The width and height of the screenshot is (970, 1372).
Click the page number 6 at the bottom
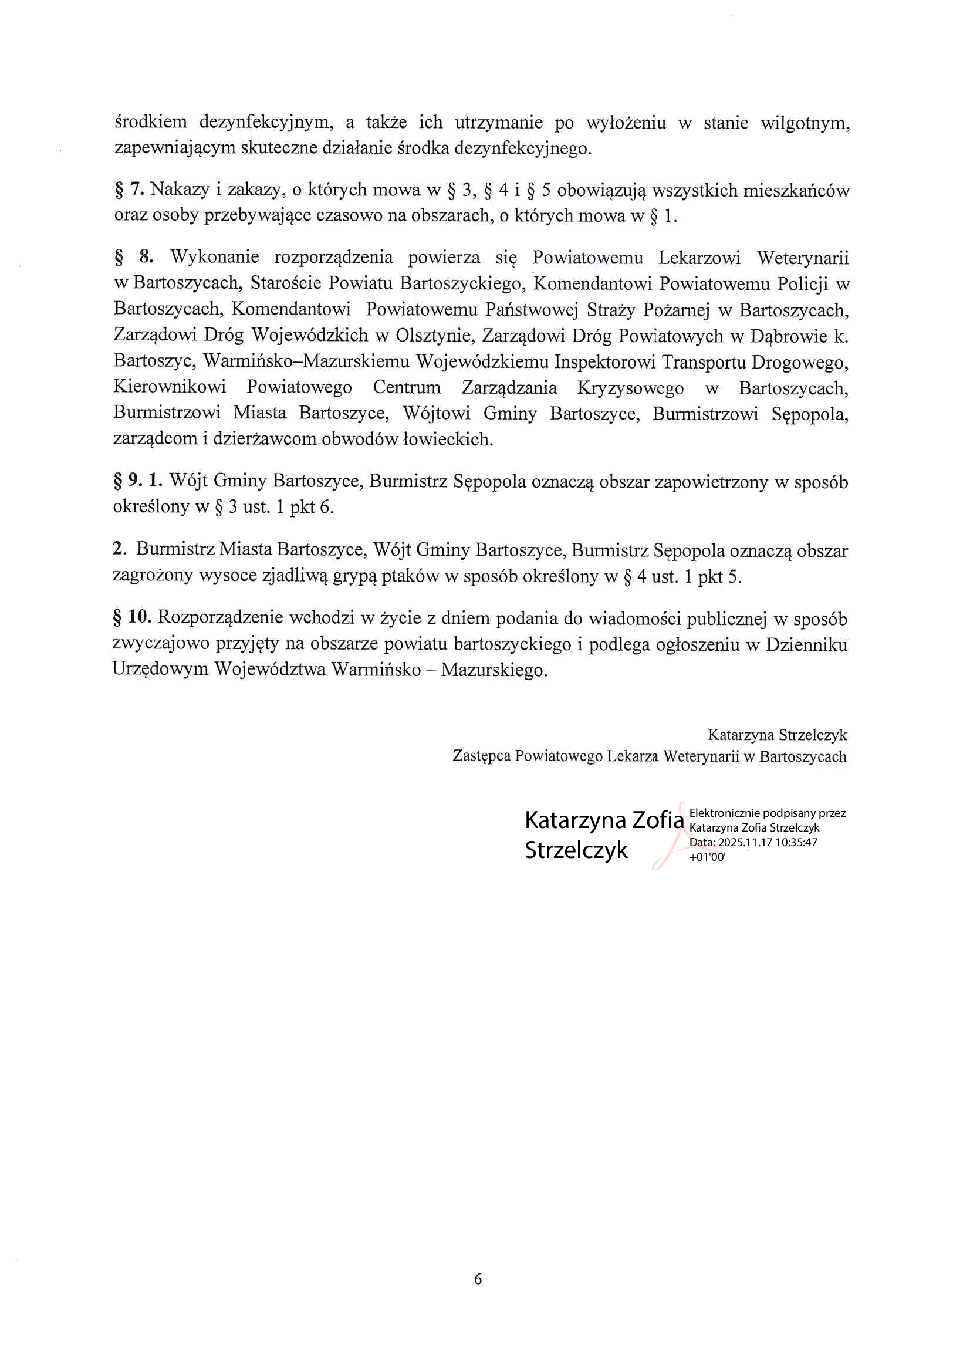[478, 1279]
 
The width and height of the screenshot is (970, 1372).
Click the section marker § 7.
[129, 190]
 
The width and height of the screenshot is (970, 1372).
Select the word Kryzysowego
[631, 388]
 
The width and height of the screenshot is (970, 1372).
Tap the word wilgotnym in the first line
[805, 124]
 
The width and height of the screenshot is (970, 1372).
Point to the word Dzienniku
[807, 644]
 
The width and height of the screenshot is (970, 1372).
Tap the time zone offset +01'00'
[707, 856]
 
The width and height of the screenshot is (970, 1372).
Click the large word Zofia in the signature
[657, 820]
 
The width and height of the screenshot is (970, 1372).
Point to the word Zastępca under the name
[481, 756]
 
